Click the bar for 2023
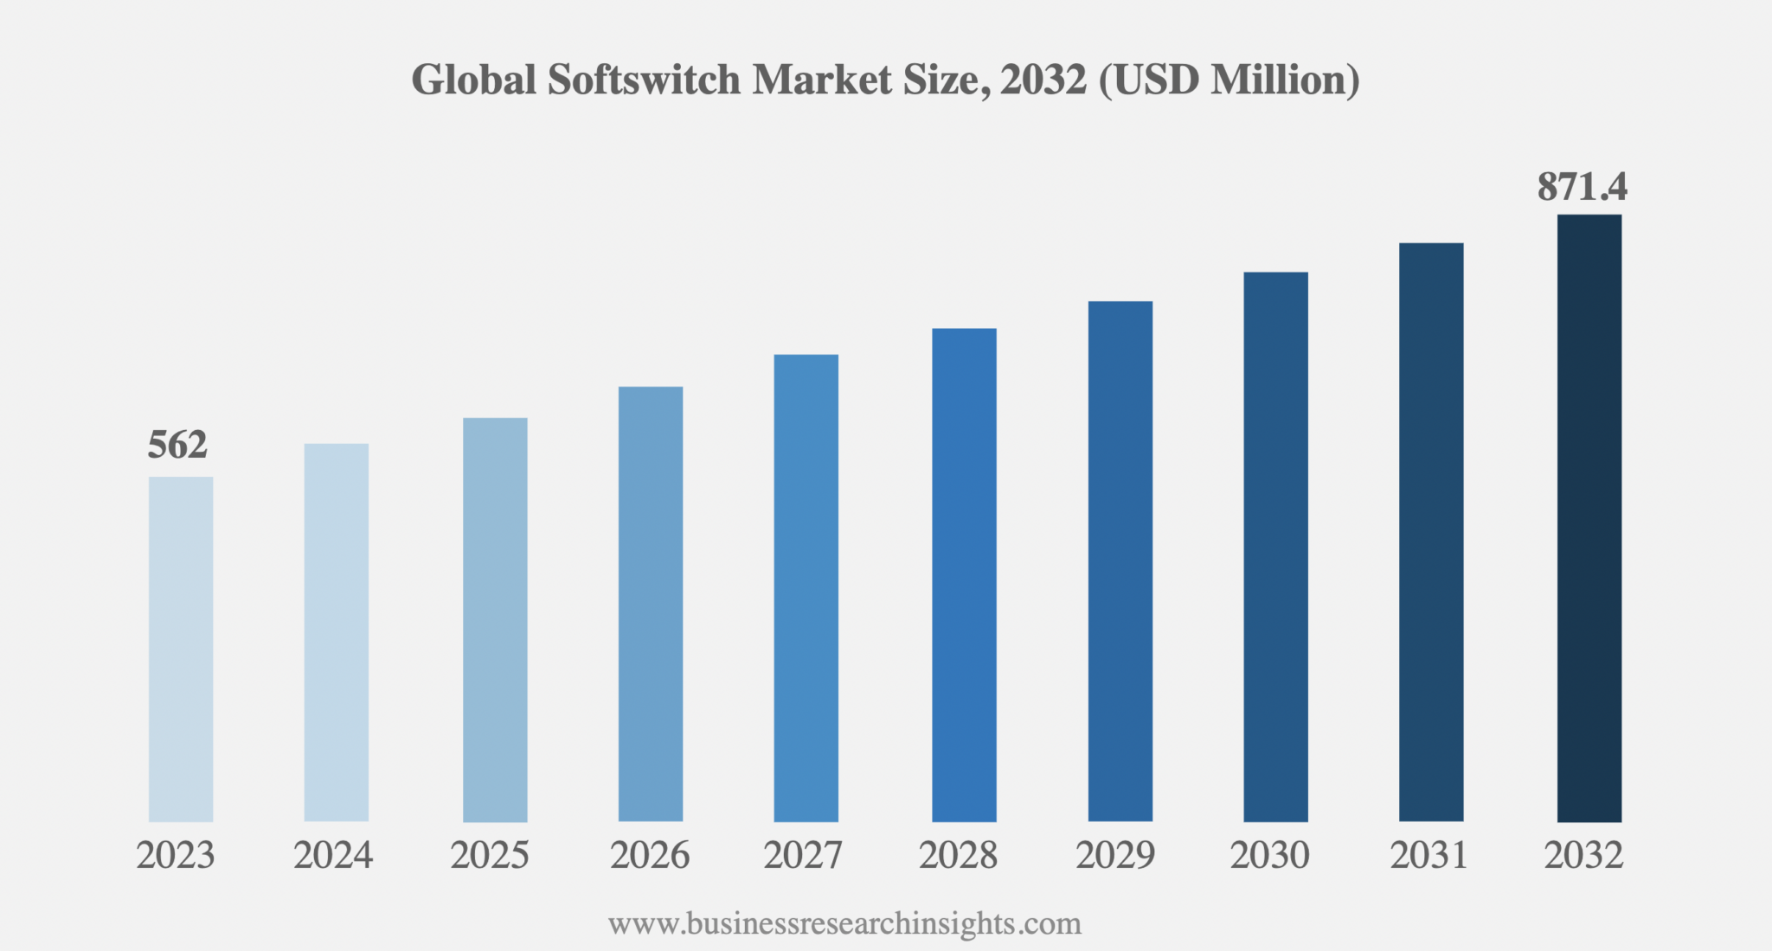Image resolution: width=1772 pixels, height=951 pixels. coord(181,649)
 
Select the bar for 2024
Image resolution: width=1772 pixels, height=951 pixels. coord(337,633)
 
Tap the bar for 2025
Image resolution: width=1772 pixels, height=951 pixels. coord(495,620)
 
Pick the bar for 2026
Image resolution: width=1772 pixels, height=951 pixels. coord(651,604)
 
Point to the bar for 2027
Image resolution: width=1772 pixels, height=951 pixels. coord(806,588)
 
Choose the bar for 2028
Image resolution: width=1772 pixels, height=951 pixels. coord(964,575)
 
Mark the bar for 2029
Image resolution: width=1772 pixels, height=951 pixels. coord(1120,561)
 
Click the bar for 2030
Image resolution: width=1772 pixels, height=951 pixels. coord(1275,547)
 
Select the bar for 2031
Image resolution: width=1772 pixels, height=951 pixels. coord(1431,532)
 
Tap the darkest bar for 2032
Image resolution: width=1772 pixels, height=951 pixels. coord(1589,517)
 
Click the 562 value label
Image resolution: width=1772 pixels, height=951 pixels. coord(177,446)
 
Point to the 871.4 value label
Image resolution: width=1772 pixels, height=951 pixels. coord(1583,187)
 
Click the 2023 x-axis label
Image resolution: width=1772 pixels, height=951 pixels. coord(176,856)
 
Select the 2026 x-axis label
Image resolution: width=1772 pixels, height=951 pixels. coord(650,856)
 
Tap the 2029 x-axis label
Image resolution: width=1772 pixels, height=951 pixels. coord(1115,856)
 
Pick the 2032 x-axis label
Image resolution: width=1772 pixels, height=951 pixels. coord(1584,856)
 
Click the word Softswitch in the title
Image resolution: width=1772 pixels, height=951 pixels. coord(644,80)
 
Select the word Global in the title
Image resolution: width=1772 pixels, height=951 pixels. coord(473,80)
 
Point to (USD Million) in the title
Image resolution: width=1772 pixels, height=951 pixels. coord(1229,80)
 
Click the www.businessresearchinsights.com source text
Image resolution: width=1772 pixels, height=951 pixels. coord(844,924)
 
